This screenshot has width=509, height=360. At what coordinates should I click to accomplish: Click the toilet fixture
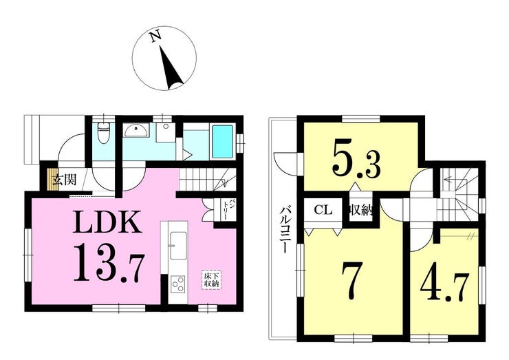(x=104, y=134)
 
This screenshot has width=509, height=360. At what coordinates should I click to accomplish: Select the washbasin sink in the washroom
(x=136, y=130)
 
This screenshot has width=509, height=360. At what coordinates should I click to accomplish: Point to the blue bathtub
(x=222, y=142)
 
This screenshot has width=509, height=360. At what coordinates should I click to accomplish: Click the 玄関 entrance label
(x=65, y=180)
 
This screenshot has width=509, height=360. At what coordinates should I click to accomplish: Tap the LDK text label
(x=107, y=222)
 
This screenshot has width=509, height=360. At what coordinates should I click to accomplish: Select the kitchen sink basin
(x=179, y=245)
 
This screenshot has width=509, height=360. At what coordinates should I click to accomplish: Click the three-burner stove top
(x=178, y=284)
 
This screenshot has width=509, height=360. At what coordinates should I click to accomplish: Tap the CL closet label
(x=323, y=209)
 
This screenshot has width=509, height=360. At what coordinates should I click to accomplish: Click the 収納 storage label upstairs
(x=360, y=211)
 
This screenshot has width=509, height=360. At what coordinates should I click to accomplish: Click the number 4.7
(x=445, y=288)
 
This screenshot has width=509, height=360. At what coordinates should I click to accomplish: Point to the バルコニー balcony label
(x=285, y=229)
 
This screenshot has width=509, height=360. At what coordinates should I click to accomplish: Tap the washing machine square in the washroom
(x=166, y=132)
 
